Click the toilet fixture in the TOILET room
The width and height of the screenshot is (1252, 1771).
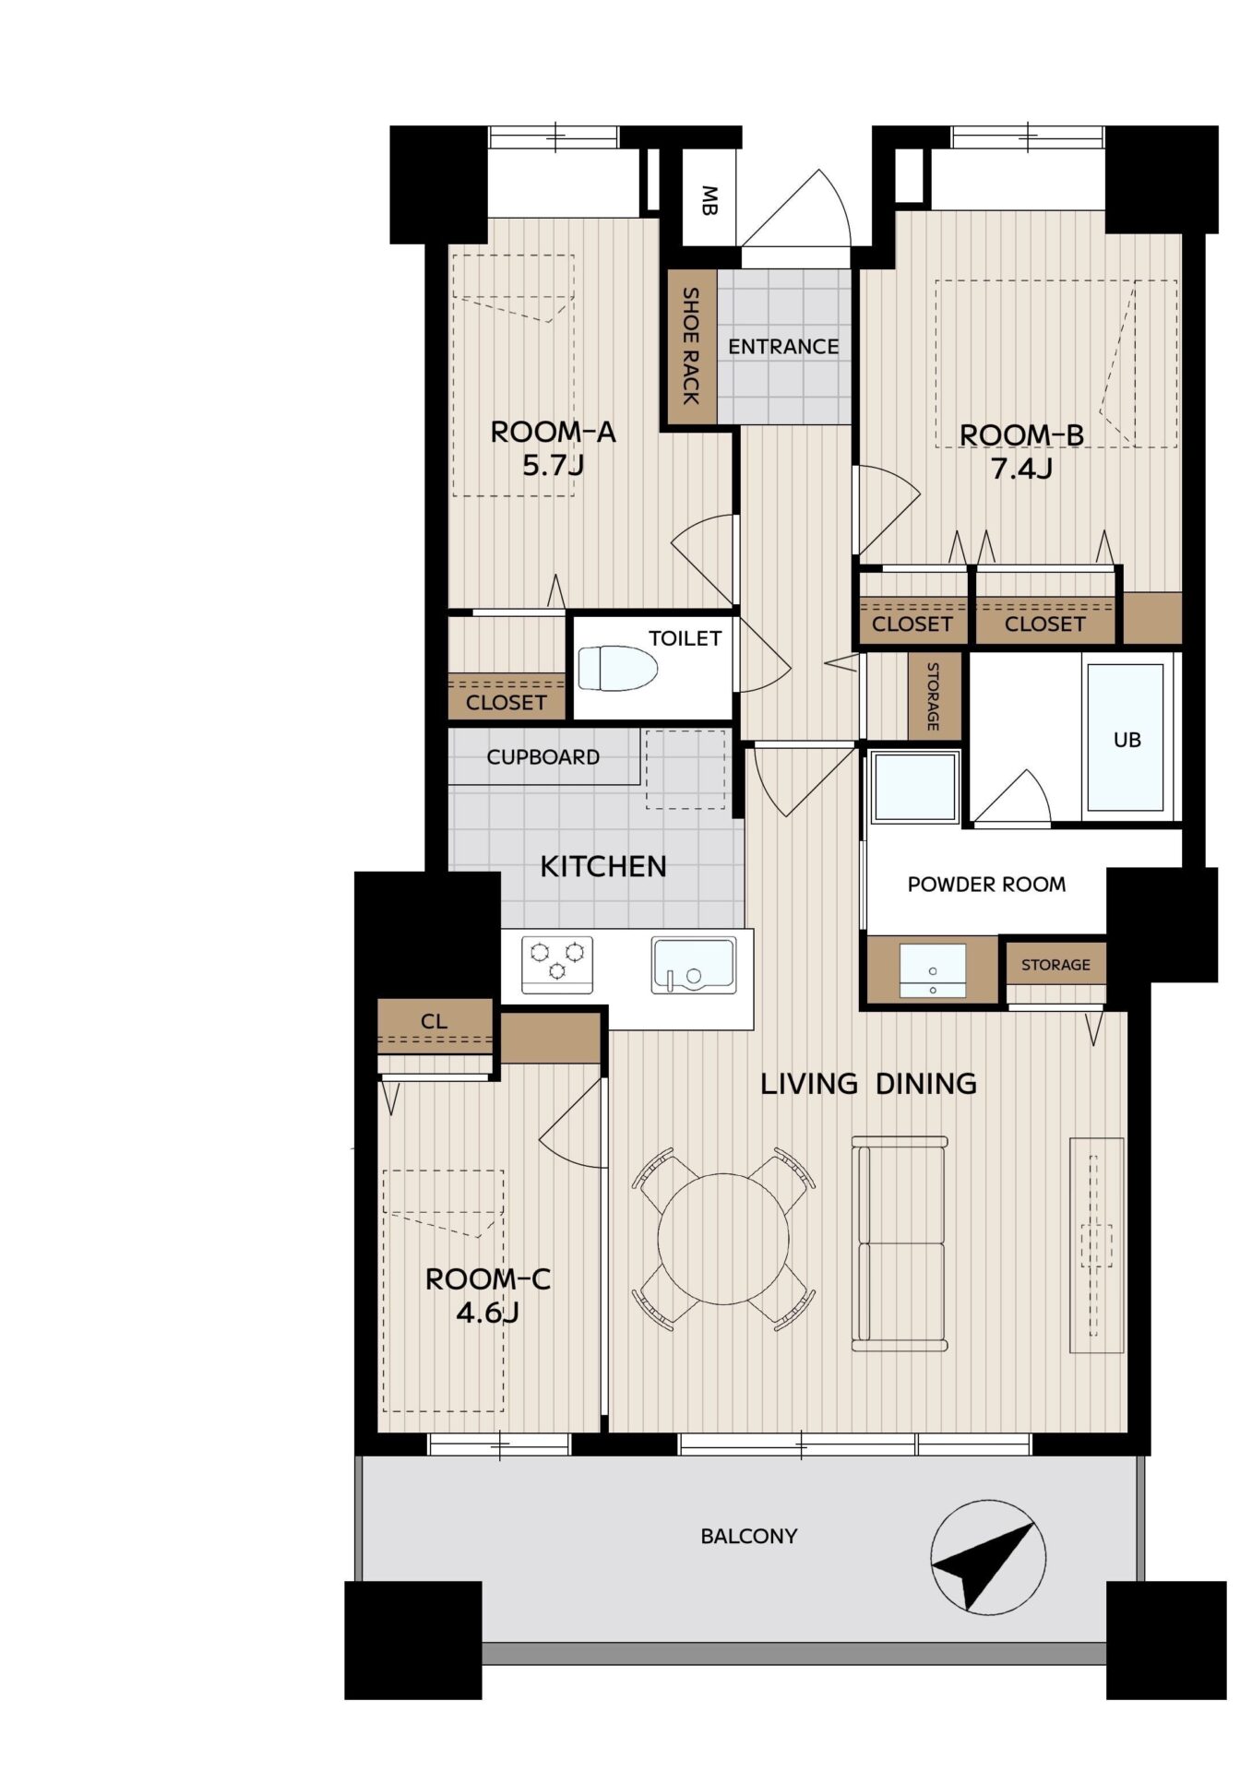click(x=617, y=669)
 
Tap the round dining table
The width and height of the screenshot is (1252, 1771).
click(x=724, y=1238)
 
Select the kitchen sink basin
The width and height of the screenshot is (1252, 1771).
click(x=694, y=966)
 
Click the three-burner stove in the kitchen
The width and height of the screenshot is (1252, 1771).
click(x=557, y=965)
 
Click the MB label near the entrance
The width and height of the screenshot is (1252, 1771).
click(x=709, y=200)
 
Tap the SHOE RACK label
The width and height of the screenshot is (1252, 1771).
click(x=690, y=346)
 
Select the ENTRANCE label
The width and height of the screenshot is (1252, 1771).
click(x=783, y=347)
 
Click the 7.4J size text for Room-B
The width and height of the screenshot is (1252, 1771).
click(x=1021, y=469)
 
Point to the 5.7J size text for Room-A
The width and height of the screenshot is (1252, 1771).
click(x=554, y=465)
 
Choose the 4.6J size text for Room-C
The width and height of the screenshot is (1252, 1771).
click(x=488, y=1312)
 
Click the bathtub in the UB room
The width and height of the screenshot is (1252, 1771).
click(x=1126, y=737)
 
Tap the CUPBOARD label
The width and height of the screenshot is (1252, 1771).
click(x=543, y=757)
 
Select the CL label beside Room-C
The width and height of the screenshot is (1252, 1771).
click(x=435, y=1021)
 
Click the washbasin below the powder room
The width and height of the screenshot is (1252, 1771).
click(x=933, y=970)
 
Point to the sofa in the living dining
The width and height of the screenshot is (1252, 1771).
click(x=900, y=1243)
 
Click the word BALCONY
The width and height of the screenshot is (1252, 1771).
click(x=749, y=1537)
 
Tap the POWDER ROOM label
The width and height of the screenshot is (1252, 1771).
click(x=986, y=885)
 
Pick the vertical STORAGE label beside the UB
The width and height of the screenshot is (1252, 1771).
click(x=933, y=696)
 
